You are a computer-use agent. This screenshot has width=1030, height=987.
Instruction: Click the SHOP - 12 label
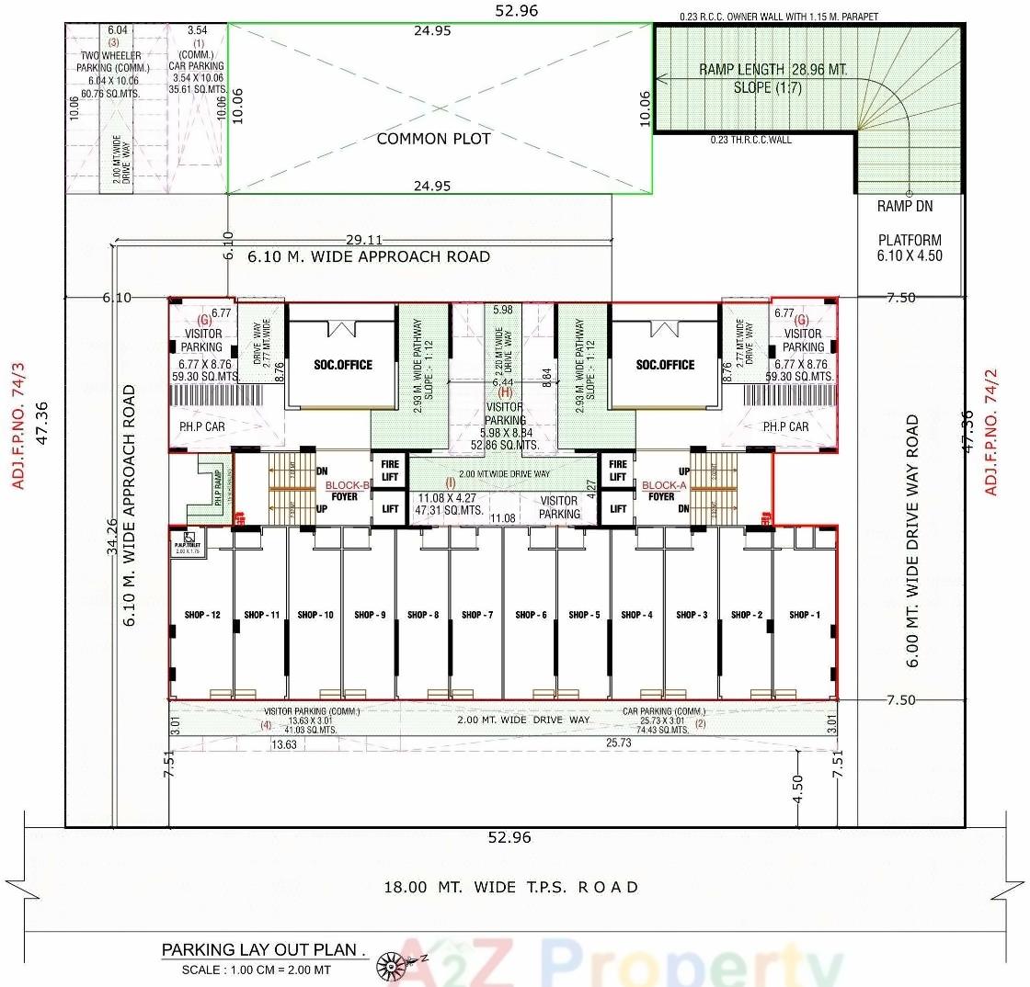point(200,615)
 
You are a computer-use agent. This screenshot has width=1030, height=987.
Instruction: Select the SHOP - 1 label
point(803,615)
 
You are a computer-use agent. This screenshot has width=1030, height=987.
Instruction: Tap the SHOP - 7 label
point(477,615)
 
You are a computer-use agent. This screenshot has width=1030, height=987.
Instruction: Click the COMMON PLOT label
point(433,139)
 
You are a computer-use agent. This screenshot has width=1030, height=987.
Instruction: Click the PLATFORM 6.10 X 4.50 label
point(910,248)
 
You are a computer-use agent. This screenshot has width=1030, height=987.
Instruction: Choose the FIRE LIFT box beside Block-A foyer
point(618,471)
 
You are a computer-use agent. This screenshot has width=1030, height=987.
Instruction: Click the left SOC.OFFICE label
point(341,365)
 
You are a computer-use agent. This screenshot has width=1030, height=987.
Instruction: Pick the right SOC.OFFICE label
point(666,365)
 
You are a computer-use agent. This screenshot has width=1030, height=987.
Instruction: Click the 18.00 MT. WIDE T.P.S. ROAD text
point(510,887)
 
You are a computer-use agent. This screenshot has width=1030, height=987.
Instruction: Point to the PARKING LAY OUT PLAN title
point(264,949)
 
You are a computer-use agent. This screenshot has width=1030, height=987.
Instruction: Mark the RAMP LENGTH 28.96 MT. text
point(772,70)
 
